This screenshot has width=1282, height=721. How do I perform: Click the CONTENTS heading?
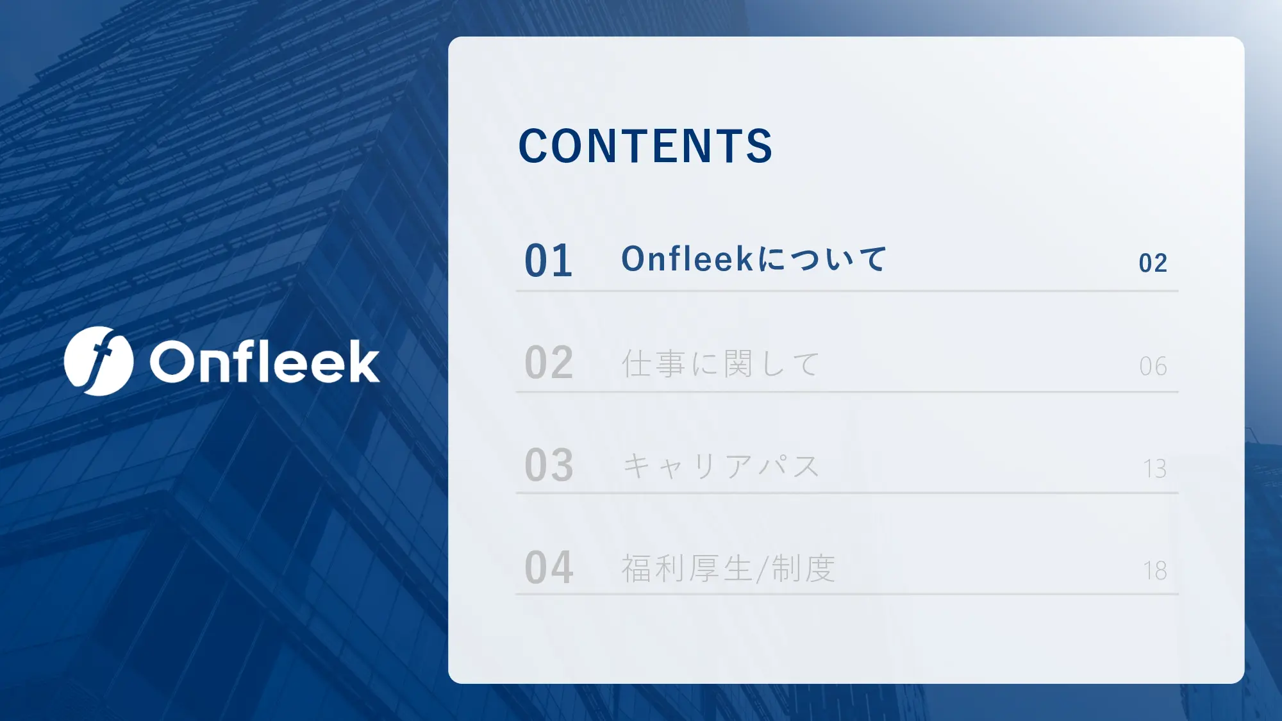click(x=645, y=146)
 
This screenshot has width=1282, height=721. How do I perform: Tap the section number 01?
click(x=549, y=261)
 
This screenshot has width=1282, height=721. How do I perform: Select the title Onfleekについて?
click(x=754, y=259)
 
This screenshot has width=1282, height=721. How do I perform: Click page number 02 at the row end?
click(x=1153, y=263)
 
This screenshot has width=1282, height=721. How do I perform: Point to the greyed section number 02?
click(x=549, y=363)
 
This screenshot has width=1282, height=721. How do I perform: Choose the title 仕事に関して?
click(x=720, y=363)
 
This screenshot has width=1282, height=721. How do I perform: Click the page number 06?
click(x=1153, y=367)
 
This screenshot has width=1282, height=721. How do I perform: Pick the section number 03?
click(x=549, y=465)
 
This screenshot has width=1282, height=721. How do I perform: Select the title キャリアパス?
click(x=720, y=466)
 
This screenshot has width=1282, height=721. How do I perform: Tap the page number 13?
click(x=1154, y=468)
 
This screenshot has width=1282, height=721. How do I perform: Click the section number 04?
click(x=549, y=568)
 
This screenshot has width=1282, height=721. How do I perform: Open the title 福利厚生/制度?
click(x=729, y=568)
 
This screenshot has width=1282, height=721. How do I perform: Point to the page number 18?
click(x=1154, y=570)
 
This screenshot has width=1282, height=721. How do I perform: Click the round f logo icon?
click(x=99, y=361)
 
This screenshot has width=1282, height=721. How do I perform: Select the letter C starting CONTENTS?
click(x=533, y=146)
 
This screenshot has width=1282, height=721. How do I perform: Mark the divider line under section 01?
click(x=847, y=291)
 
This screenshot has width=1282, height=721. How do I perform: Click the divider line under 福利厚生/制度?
click(x=847, y=594)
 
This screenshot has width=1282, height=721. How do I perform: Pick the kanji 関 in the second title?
click(x=738, y=363)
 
